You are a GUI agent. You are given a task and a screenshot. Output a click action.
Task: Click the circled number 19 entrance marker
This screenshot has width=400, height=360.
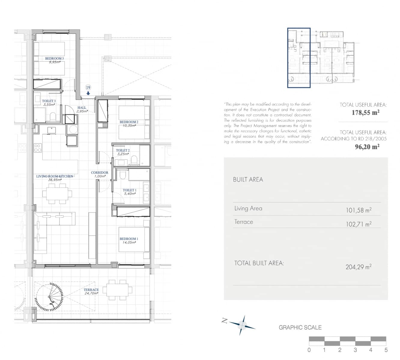tap(88, 88)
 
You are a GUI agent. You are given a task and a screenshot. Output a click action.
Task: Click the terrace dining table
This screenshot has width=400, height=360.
tap(117, 290)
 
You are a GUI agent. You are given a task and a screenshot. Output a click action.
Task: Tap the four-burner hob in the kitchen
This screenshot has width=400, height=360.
tap(38, 148)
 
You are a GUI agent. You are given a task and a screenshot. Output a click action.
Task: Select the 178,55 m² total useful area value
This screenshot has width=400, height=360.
tap(365, 112)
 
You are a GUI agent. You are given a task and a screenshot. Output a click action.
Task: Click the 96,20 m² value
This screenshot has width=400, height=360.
tap(367, 147)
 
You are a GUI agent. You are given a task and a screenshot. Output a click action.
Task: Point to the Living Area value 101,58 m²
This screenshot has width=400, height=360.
tap(358, 210)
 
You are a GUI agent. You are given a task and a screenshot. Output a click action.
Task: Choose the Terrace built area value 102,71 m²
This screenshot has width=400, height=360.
tap(358, 224)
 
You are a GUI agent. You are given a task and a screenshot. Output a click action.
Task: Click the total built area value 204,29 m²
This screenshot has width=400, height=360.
tap(358, 267)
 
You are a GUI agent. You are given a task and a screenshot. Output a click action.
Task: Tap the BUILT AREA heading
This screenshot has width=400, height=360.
tap(248, 180)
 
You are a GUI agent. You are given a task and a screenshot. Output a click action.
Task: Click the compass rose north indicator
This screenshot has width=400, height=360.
tap(242, 324)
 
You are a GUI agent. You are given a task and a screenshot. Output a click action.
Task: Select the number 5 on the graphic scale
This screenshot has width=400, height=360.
tap(386, 350)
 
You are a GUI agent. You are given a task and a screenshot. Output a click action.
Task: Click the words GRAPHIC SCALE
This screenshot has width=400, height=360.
tap(300, 328)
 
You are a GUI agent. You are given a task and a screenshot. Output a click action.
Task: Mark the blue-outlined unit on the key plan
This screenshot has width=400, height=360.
tap(299, 58)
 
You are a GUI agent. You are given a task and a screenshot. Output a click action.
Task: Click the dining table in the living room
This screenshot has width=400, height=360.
tap(57, 194)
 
